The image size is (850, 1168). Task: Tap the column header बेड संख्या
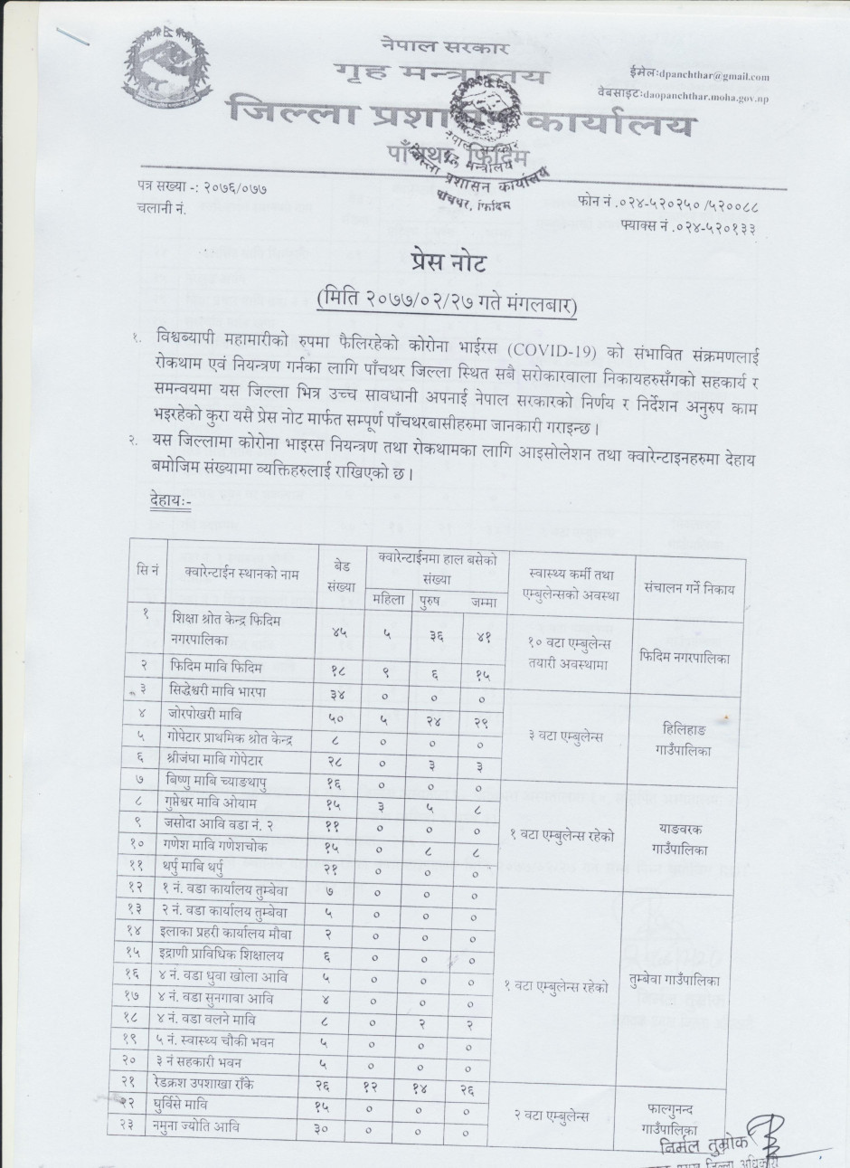coord(343,573)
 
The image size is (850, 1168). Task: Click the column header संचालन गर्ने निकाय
coord(689,587)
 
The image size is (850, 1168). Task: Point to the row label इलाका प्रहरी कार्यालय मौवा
coord(231,932)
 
